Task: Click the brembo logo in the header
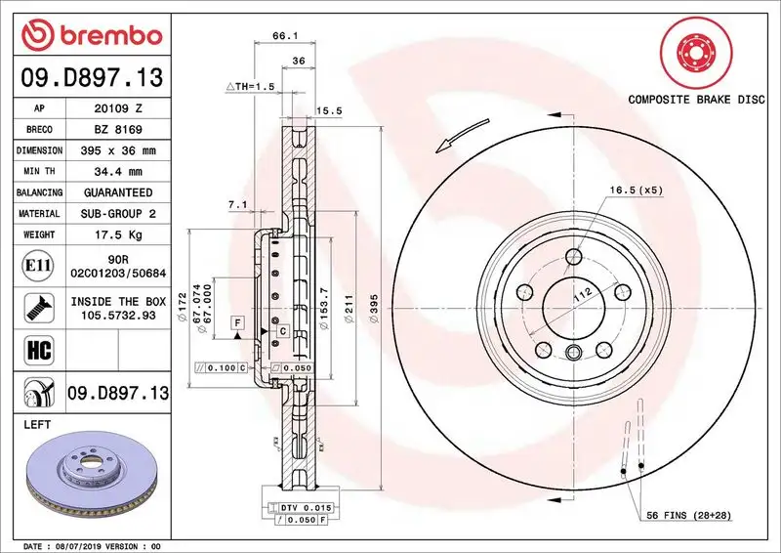91,35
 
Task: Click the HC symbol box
34,348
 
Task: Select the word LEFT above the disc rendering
36,426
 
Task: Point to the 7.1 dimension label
236,205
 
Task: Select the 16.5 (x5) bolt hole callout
636,191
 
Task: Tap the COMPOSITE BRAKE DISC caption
695,100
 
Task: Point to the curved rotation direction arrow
462,134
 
